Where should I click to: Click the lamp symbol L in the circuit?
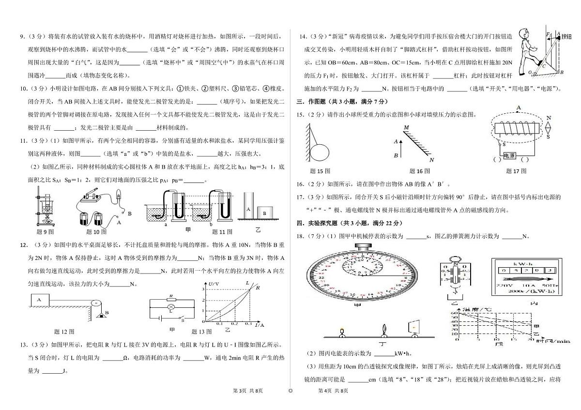click(x=170, y=307)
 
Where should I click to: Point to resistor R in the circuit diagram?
click(x=170, y=299)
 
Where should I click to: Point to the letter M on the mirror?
click(x=407, y=127)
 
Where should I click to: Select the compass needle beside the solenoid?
click(x=549, y=127)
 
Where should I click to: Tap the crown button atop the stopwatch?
click(x=362, y=247)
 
